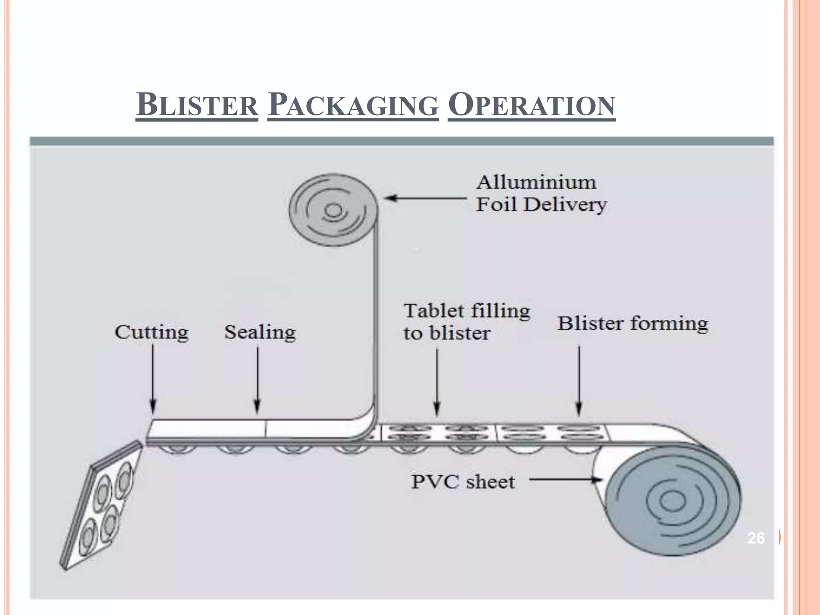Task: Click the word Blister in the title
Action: point(197,105)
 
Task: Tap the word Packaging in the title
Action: point(353,105)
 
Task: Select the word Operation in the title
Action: point(531,105)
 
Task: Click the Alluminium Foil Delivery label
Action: point(541,193)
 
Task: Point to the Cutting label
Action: point(151,332)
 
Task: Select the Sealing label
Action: point(260,332)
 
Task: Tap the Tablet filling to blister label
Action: point(466,322)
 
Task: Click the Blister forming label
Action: point(633,324)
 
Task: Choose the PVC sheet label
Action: point(463,482)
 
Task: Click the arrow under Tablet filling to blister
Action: point(437,382)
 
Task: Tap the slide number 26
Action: point(756,538)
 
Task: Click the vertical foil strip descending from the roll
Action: point(376,320)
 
